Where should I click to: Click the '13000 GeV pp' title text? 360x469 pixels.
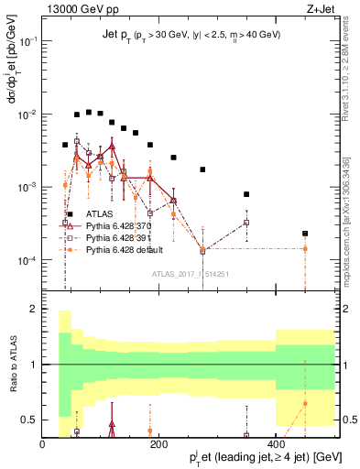(82, 8)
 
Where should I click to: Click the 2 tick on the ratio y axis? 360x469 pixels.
(33, 310)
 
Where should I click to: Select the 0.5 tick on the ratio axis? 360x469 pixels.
(29, 420)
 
